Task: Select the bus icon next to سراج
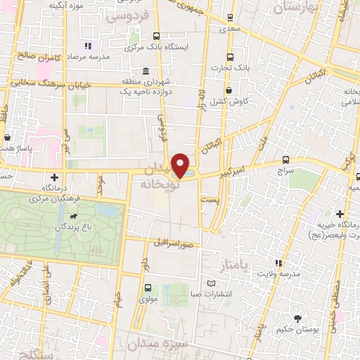(x=285, y=160)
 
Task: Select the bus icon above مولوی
(x=148, y=288)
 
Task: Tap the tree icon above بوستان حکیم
(x=297, y=318)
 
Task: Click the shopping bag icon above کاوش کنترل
(x=230, y=90)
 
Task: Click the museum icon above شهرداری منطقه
(x=145, y=71)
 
